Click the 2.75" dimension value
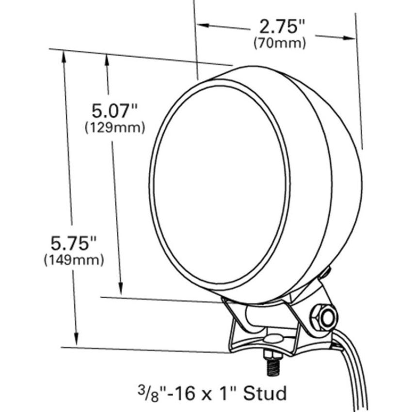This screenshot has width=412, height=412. point(282,27)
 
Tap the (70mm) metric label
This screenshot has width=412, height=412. point(280,43)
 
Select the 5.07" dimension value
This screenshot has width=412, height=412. point(114,111)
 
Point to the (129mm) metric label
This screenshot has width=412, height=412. point(115,128)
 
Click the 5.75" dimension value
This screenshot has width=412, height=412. point(74,243)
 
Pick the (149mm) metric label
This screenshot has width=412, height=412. point(74,260)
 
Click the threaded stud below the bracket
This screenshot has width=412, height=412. point(273,364)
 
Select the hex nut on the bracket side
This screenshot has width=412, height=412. point(318,317)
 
